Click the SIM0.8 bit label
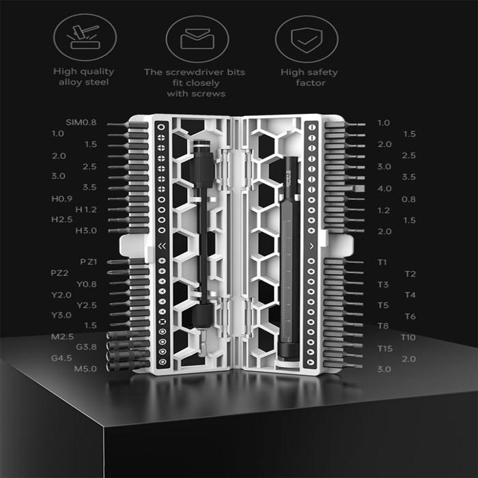click(81, 122)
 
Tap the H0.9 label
click(61, 198)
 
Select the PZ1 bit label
click(89, 262)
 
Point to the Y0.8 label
click(87, 284)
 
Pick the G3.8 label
click(87, 347)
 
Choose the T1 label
click(382, 262)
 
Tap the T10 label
click(408, 337)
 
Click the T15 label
click(384, 348)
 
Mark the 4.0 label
click(384, 188)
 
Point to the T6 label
click(410, 316)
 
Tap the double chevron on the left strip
click(161, 247)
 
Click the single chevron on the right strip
click(311, 246)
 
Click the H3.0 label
click(87, 231)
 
